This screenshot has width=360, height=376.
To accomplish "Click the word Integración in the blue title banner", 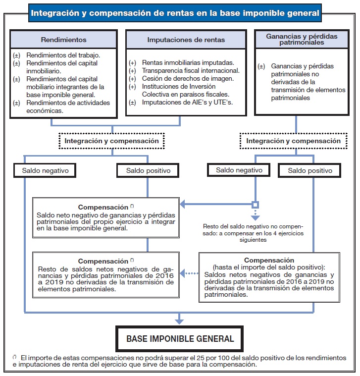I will click(54, 12).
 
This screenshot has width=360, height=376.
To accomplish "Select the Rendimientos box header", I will click(63, 40).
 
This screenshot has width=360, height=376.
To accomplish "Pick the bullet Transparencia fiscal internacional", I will click(188, 71).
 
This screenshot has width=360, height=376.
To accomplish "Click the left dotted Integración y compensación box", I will click(111, 141).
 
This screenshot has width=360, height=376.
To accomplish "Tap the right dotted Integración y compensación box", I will click(294, 141).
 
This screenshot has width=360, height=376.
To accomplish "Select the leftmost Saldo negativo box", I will click(49, 171).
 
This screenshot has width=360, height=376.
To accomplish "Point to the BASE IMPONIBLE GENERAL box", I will click(180, 339).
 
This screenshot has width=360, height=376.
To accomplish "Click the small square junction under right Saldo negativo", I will click(255, 204).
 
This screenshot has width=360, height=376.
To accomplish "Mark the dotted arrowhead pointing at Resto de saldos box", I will click(182, 272).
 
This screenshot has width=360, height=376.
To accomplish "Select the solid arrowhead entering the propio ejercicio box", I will click(182, 204).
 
